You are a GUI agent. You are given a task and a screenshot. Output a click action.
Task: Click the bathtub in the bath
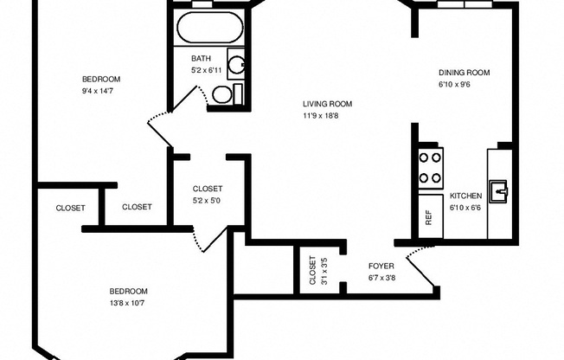(209, 28)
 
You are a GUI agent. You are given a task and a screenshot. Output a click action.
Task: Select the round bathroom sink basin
(237, 65)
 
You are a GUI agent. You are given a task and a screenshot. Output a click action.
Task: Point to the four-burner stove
(431, 168)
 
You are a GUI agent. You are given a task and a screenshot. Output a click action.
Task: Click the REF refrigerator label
(428, 217)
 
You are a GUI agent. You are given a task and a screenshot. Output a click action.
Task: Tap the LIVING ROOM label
(327, 104)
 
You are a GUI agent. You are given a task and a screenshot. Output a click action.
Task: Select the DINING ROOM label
(464, 73)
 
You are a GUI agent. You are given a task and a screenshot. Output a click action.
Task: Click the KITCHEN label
(465, 196)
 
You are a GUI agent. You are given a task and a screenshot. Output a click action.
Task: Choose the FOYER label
(381, 266)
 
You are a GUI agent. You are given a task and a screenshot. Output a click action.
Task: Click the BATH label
(201, 58)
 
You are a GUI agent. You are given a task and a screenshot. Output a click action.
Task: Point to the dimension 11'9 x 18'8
(320, 116)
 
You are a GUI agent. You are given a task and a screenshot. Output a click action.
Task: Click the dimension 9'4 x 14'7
(98, 91)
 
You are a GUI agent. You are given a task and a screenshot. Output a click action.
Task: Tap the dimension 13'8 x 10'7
(127, 303)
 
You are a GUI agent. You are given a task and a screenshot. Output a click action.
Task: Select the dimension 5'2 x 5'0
(207, 201)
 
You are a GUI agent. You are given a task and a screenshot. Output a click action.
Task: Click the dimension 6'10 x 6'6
(465, 208)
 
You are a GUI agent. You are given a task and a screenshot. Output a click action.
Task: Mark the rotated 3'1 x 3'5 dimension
(324, 270)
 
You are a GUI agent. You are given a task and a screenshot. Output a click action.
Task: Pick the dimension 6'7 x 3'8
(382, 278)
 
